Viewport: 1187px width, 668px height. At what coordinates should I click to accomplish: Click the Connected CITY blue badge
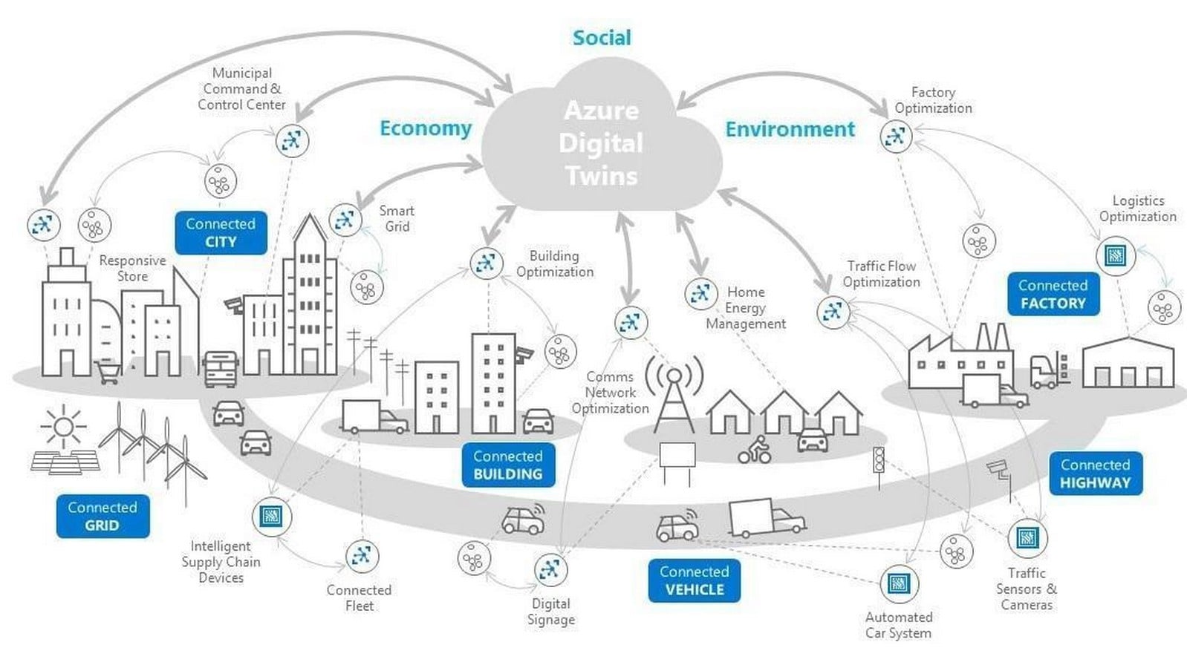coord(221,233)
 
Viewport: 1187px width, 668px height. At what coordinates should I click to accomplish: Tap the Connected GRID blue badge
coord(103,516)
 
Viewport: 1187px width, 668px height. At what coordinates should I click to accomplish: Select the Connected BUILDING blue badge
coord(508,465)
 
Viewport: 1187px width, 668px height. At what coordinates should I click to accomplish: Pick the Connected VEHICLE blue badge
coord(695,580)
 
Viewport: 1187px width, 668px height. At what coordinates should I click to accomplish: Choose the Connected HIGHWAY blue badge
coord(1096,474)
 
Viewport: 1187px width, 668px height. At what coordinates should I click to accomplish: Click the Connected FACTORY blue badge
coord(1053,295)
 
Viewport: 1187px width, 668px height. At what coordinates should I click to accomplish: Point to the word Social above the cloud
coord(602,38)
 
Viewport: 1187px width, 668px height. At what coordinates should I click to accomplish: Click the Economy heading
coord(426,128)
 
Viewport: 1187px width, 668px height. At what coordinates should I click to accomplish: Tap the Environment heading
coord(790,129)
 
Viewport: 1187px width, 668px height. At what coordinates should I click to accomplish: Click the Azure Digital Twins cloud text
coord(602,143)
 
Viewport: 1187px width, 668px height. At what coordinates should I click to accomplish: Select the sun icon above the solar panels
coord(64,427)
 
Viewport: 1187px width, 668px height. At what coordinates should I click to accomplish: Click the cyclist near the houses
coord(755,450)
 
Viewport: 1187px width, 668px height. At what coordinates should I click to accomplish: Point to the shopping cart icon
coord(108,372)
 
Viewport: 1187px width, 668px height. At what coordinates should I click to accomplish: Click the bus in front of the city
coord(221,369)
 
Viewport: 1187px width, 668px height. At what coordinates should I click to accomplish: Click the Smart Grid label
coord(397,219)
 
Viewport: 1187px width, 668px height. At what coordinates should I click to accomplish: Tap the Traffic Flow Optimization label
coord(881,274)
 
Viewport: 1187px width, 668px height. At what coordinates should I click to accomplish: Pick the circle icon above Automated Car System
coord(900,584)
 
